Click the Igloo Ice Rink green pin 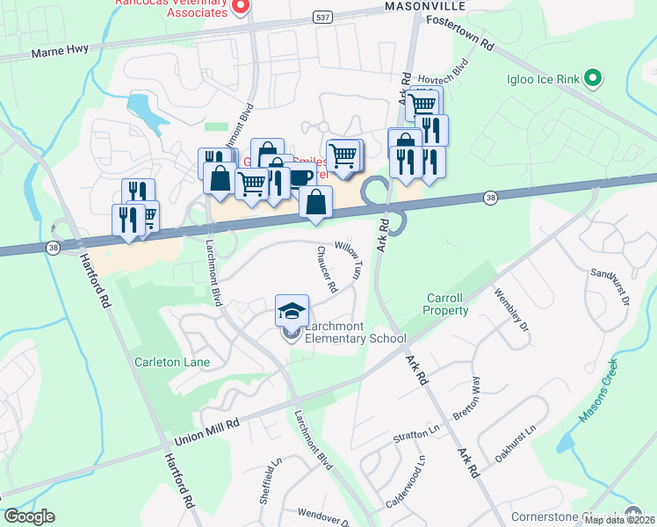(x=593, y=79)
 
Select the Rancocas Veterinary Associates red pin (x=241, y=5)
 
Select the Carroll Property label (x=446, y=304)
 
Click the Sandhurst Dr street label (x=611, y=286)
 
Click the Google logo (x=29, y=516)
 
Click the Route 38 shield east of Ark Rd (x=490, y=199)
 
